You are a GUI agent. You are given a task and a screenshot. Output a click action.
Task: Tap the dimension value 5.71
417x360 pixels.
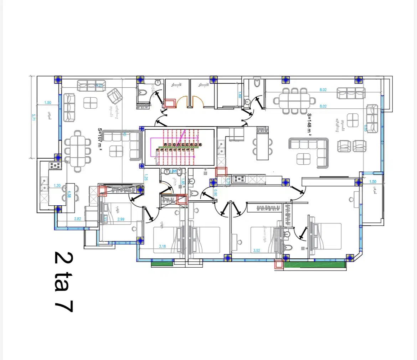coord(33,118)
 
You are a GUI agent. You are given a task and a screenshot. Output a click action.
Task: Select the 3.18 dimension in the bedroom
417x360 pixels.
coord(162,246)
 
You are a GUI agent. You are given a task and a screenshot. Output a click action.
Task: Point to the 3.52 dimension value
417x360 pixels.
coord(257,251)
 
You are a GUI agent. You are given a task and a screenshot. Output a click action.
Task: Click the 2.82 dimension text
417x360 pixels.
coord(77,219)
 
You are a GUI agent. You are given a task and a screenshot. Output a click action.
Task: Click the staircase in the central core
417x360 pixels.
coord(179,147)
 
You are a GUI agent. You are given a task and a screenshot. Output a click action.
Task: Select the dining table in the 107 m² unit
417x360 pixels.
coord(78,149)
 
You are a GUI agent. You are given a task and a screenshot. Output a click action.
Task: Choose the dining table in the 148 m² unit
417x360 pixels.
coord(294,101)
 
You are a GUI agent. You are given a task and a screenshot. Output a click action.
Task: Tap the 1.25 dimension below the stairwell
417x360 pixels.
coord(146,177)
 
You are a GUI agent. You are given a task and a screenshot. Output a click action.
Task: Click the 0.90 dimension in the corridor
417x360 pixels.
coord(215,193)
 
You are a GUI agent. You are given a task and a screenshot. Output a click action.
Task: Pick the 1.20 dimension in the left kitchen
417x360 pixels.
coord(57,185)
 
